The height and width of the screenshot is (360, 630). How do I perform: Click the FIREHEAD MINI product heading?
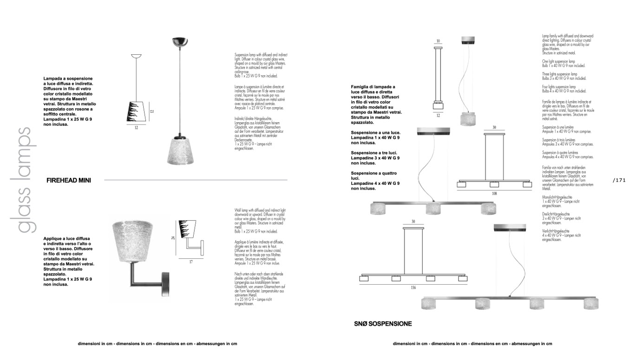pos(69,180)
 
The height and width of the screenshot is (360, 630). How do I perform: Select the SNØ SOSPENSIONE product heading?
pos(383,324)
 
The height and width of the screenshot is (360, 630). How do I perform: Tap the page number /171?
pos(619,180)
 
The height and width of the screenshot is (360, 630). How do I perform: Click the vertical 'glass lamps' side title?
pos(24,180)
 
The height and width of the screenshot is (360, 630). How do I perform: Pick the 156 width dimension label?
pos(413,288)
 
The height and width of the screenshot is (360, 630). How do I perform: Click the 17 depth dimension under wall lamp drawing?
pos(191,262)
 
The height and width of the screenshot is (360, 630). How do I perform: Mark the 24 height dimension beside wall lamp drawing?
pos(173,238)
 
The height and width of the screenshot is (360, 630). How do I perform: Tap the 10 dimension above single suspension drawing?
pos(438,41)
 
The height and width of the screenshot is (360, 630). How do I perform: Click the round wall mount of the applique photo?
pos(166,284)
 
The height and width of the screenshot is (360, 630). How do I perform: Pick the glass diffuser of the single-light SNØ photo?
pos(468,119)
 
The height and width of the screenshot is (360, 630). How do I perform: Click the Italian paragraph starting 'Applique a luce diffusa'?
pos(69,261)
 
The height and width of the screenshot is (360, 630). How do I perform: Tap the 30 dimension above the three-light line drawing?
pos(494,127)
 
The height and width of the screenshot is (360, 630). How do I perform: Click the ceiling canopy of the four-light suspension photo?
pos(510,228)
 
